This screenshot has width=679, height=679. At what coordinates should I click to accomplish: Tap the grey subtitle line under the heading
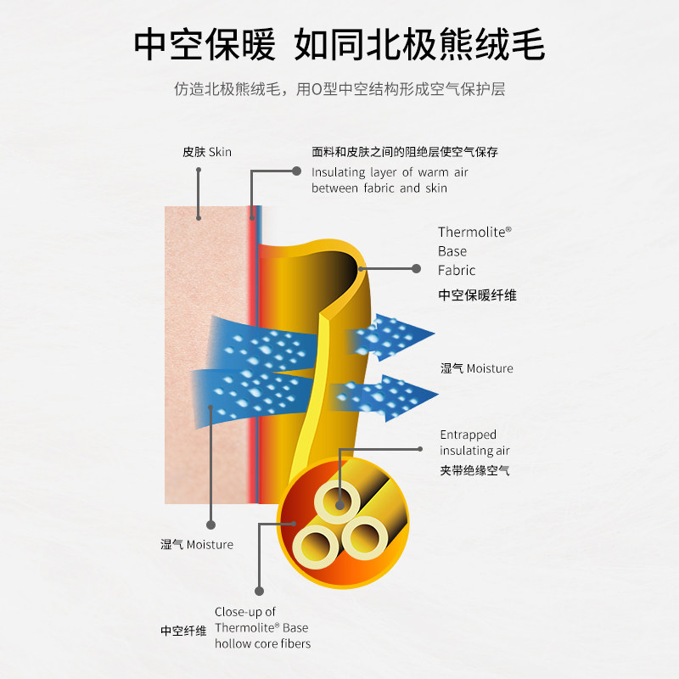tap(339, 88)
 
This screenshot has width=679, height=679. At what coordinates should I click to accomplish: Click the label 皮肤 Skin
tap(206, 152)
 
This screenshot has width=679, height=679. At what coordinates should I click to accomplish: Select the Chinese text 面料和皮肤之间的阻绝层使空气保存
tap(404, 153)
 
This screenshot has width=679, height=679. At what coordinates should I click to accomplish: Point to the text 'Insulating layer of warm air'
tap(390, 172)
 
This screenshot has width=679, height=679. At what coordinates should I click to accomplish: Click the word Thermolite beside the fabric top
tap(474, 231)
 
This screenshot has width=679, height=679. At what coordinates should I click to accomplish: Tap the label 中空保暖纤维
tap(477, 295)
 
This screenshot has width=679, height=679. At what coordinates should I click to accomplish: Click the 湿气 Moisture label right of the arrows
tap(477, 368)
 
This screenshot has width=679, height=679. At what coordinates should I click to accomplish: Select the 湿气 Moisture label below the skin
tap(197, 544)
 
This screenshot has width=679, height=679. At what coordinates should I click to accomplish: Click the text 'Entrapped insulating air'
tap(474, 442)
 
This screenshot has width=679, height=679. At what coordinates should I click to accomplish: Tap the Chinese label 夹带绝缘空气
tap(474, 470)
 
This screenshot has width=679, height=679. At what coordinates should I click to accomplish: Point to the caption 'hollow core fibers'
tap(262, 643)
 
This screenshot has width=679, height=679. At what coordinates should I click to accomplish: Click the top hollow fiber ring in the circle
tap(339, 504)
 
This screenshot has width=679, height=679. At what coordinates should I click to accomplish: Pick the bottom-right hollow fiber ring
tap(365, 536)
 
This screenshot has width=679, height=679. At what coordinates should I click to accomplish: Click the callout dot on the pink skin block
tap(199, 218)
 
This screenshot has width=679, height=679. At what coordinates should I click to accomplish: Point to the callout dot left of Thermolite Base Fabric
tap(416, 268)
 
